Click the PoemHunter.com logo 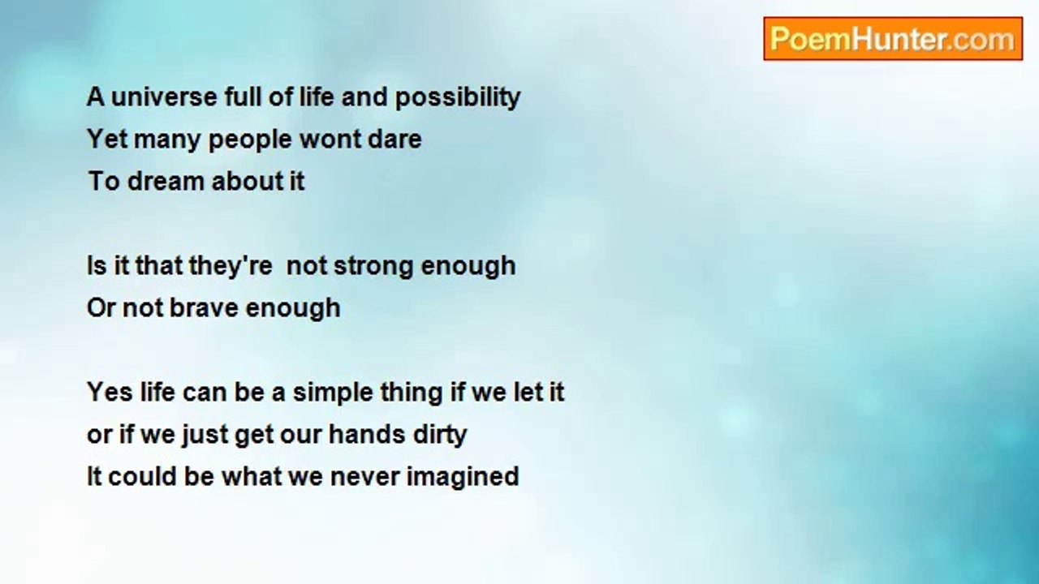[x=893, y=38]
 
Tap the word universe [x=165, y=97]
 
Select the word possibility [x=458, y=98]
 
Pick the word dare [x=394, y=140]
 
